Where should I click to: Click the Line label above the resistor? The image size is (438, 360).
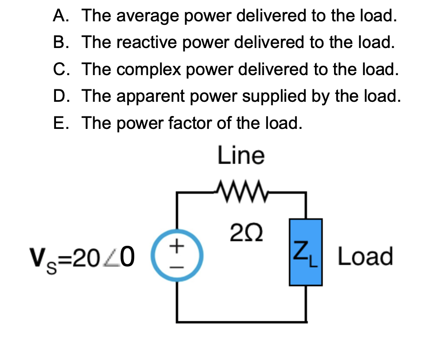click(x=241, y=156)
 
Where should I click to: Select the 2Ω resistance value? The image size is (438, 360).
click(x=241, y=232)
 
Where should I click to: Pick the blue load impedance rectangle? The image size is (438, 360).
click(x=305, y=252)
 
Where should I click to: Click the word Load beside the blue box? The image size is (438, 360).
click(x=365, y=256)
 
